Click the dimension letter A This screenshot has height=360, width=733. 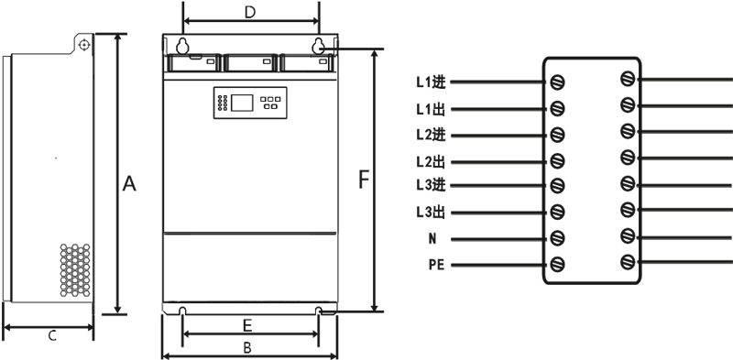coord(129,184)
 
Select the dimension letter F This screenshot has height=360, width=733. coord(364,180)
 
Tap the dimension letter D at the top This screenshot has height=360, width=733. coord(250,13)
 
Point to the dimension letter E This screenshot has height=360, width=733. coord(247,325)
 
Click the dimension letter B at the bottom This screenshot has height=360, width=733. coord(247,348)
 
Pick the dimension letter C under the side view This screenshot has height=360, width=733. coord(52,335)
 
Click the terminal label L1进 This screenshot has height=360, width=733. coord(431,82)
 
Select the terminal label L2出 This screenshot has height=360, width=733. coord(431,162)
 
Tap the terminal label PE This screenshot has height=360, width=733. coord(437,265)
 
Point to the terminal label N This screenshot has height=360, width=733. coord(432,239)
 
